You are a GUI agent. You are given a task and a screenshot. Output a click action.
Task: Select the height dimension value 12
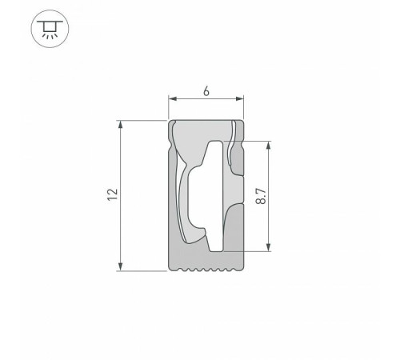(112, 194)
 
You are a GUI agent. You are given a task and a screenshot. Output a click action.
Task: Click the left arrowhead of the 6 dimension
(171, 100)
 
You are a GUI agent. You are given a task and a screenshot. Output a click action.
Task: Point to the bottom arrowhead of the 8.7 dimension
(269, 247)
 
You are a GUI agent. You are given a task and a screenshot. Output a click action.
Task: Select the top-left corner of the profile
(170, 122)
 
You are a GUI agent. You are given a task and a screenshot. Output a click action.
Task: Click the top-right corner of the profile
(242, 122)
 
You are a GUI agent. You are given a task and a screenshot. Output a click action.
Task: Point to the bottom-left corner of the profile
(170, 270)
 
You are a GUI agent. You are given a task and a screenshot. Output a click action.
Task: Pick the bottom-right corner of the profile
(242, 270)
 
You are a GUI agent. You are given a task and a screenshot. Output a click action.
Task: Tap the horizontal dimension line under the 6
(206, 100)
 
